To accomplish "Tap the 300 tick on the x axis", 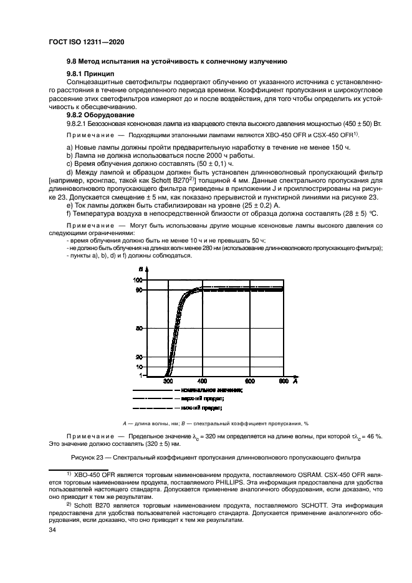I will pos(168,380).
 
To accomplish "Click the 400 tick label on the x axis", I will pos(202,380).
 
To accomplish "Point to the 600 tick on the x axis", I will pos(249,380).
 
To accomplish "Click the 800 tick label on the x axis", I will pos(282,380).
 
